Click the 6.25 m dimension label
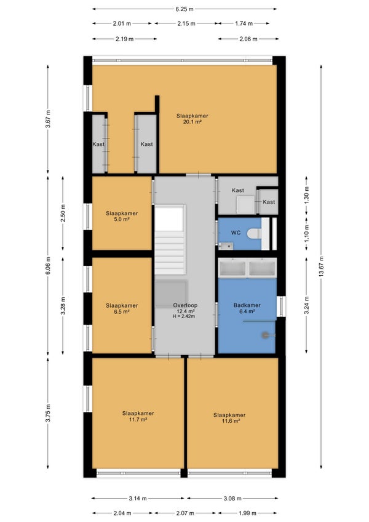(184, 9)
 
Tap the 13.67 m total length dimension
(321, 267)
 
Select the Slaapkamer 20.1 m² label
(192, 119)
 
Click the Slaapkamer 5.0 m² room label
(122, 217)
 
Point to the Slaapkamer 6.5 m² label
(122, 308)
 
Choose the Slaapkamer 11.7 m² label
(138, 417)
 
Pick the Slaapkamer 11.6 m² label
(229, 418)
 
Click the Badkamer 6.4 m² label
(247, 308)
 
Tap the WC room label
(236, 233)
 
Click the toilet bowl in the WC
(255, 233)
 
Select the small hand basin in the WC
(226, 246)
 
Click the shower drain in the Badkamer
(265, 335)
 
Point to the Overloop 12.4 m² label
(185, 308)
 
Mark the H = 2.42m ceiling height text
(184, 316)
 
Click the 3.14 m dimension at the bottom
(138, 499)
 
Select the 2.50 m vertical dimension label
(63, 214)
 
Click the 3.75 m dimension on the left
(48, 413)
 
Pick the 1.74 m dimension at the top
(244, 23)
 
